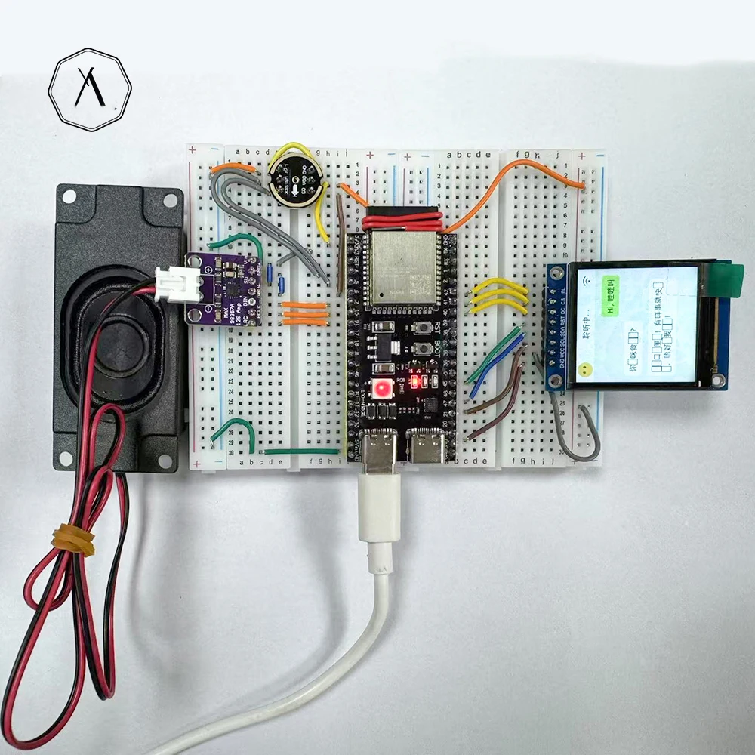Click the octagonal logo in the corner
(x=90, y=89)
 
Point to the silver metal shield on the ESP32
(x=403, y=268)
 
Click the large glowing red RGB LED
(x=384, y=389)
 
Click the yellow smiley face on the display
(x=584, y=371)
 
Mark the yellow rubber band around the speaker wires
(x=73, y=540)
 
